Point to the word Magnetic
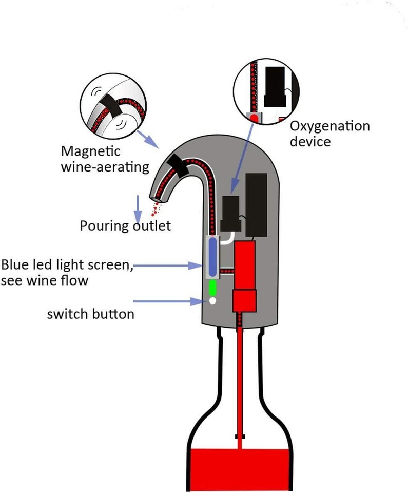90,151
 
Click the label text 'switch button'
90,314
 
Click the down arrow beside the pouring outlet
137,206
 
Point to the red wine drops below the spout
156,209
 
